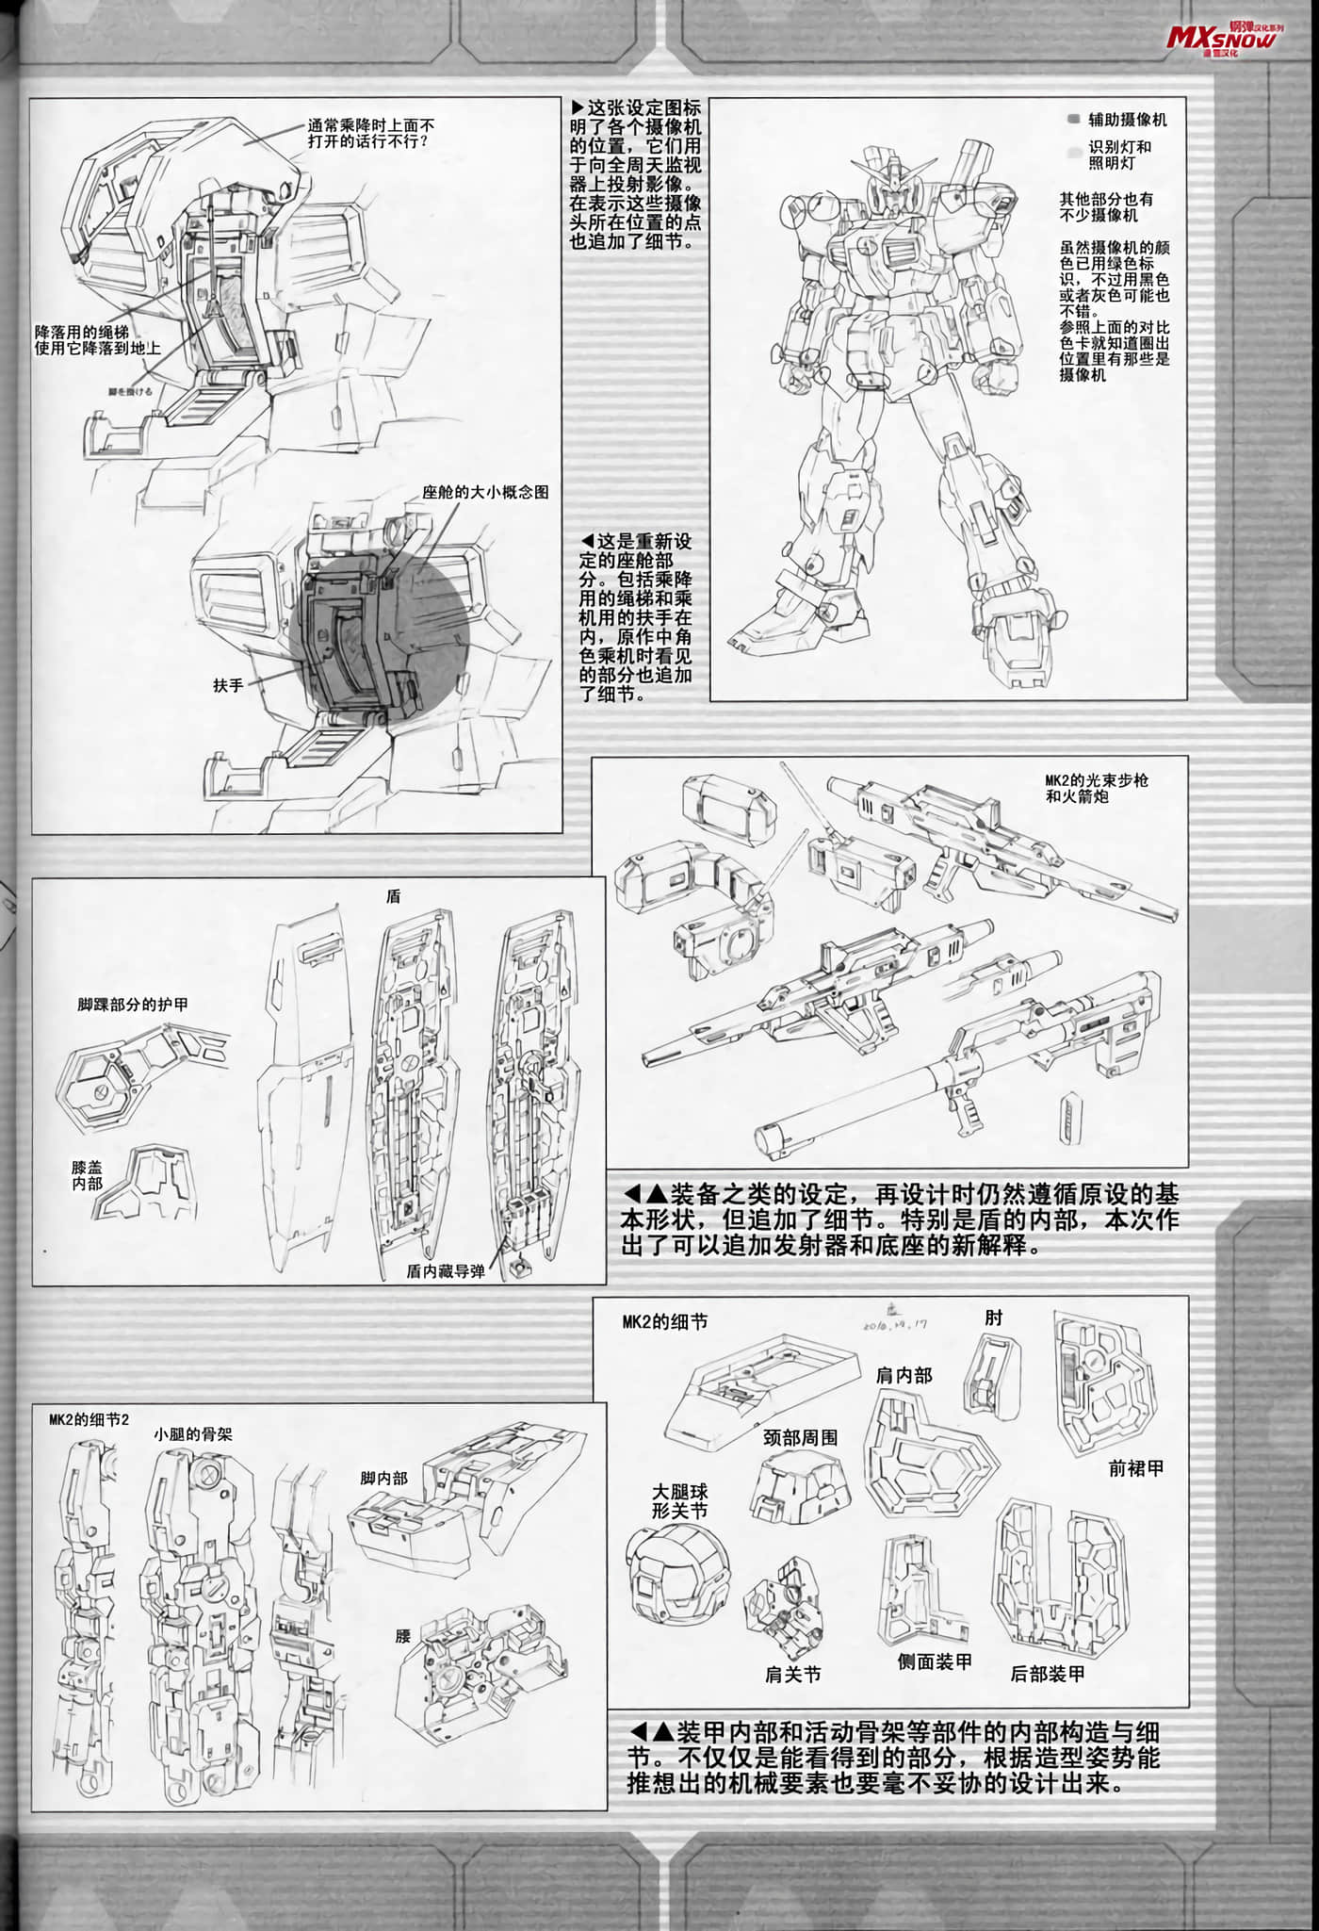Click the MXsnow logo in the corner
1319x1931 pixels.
point(1221,38)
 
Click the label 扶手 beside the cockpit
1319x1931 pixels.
point(228,686)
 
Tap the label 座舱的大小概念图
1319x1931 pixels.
point(485,492)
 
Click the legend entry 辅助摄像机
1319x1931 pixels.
point(1127,120)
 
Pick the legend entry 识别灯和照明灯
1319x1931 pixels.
point(1119,155)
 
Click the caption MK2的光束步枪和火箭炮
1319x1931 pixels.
point(1096,788)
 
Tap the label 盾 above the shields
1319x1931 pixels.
point(394,896)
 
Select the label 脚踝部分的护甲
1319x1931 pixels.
point(133,1005)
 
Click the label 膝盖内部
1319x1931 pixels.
point(87,1175)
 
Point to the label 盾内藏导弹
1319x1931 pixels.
point(446,1271)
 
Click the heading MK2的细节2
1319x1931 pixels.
point(89,1419)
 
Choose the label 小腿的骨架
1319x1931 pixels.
point(192,1434)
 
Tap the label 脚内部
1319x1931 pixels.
point(383,1479)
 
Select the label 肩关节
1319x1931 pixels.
point(792,1675)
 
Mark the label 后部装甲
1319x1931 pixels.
point(1048,1674)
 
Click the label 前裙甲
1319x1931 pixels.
point(1136,1468)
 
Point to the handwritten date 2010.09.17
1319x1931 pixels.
point(895,1323)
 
